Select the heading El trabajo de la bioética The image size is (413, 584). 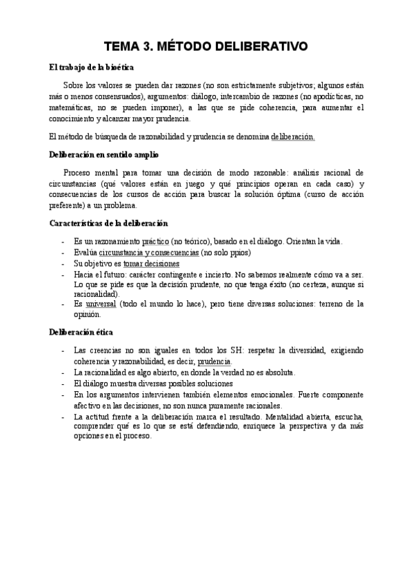pyautogui.click(x=92, y=67)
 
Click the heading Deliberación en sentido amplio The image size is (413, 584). pyautogui.click(x=103, y=154)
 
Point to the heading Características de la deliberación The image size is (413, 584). pyautogui.click(x=108, y=223)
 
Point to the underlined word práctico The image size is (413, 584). pyautogui.click(x=155, y=241)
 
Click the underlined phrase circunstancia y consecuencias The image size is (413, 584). pyautogui.click(x=148, y=253)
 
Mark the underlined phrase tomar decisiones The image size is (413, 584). pyautogui.click(x=151, y=264)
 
